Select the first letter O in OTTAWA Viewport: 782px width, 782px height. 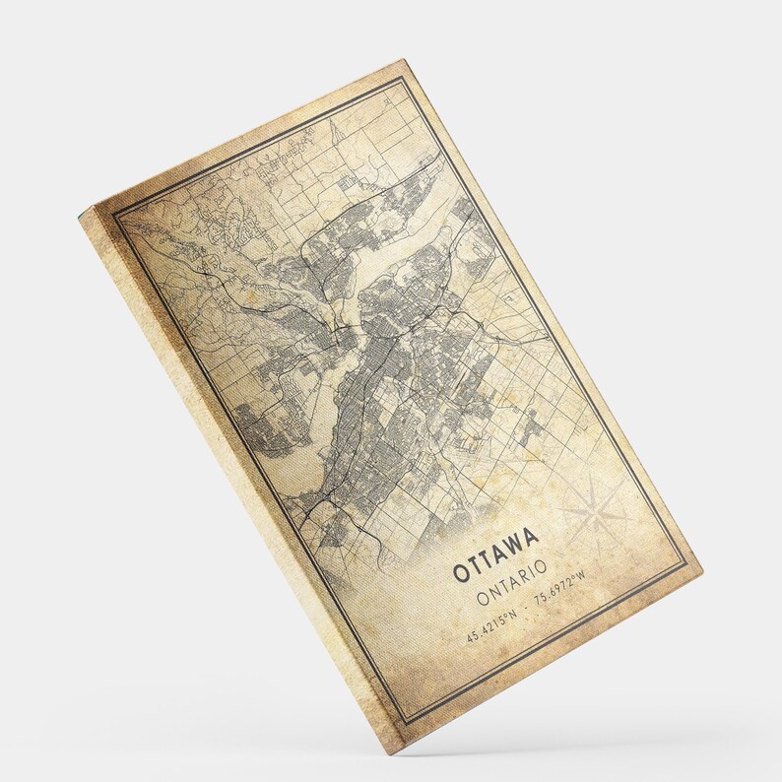[460, 573]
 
